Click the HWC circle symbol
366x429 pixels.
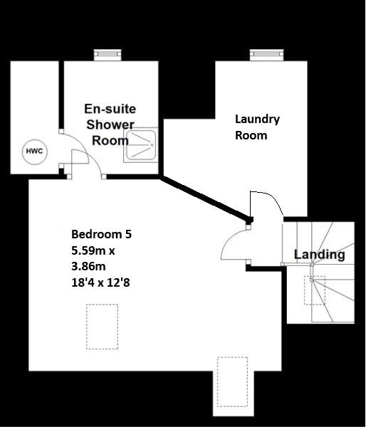coord(33,151)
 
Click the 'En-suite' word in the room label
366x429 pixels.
coord(110,109)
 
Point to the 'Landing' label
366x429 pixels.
coord(319,254)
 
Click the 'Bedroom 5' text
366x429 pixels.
coord(101,233)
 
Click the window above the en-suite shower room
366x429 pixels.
coord(109,54)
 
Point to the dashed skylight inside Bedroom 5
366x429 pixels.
coord(102,327)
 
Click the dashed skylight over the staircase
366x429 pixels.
coord(315,290)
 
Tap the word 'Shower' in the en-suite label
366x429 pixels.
coord(110,125)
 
